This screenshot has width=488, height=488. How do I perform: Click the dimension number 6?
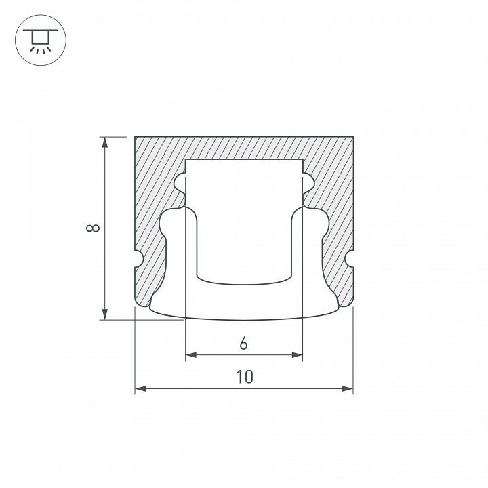(243, 344)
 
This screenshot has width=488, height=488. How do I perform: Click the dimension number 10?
(245, 378)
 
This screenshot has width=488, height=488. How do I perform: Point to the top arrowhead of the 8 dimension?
(104, 142)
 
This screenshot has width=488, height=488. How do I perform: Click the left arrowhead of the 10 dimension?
(140, 389)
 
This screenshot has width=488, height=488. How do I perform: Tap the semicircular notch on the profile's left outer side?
(138, 258)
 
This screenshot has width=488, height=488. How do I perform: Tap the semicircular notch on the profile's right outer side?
(350, 258)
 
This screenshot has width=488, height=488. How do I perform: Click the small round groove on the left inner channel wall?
(180, 182)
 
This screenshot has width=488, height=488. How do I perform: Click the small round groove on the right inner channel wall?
(308, 182)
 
